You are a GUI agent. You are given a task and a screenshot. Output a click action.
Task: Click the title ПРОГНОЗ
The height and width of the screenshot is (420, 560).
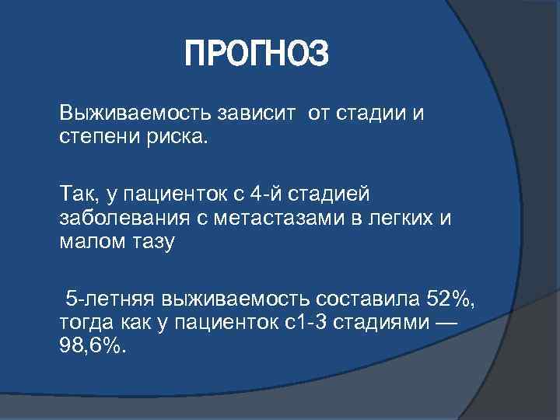tap(257, 55)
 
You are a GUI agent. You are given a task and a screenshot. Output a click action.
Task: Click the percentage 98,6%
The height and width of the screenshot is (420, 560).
tap(91, 346)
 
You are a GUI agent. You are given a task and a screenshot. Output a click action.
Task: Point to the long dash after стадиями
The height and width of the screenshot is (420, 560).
tap(450, 323)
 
